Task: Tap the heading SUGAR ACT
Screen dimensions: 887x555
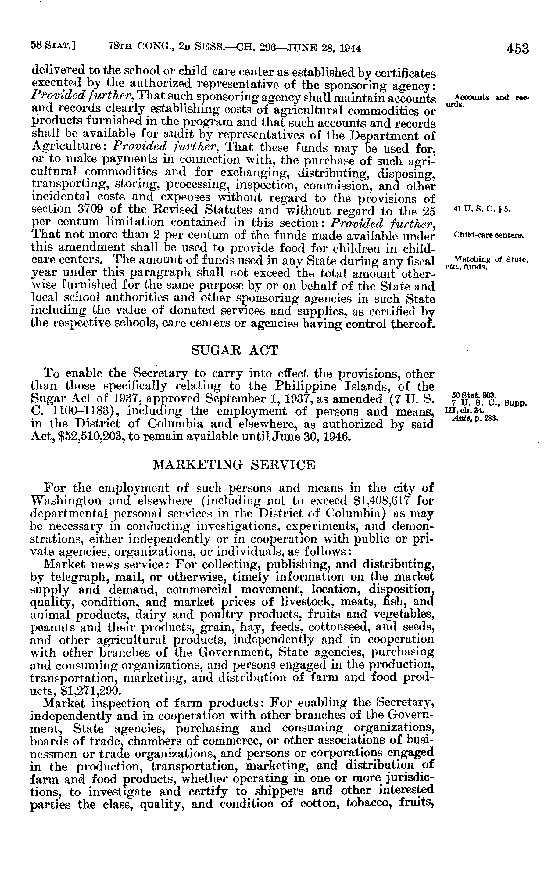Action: tap(235, 351)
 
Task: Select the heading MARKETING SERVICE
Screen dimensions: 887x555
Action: tap(234, 465)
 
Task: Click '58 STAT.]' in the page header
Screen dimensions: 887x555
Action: tap(53, 47)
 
